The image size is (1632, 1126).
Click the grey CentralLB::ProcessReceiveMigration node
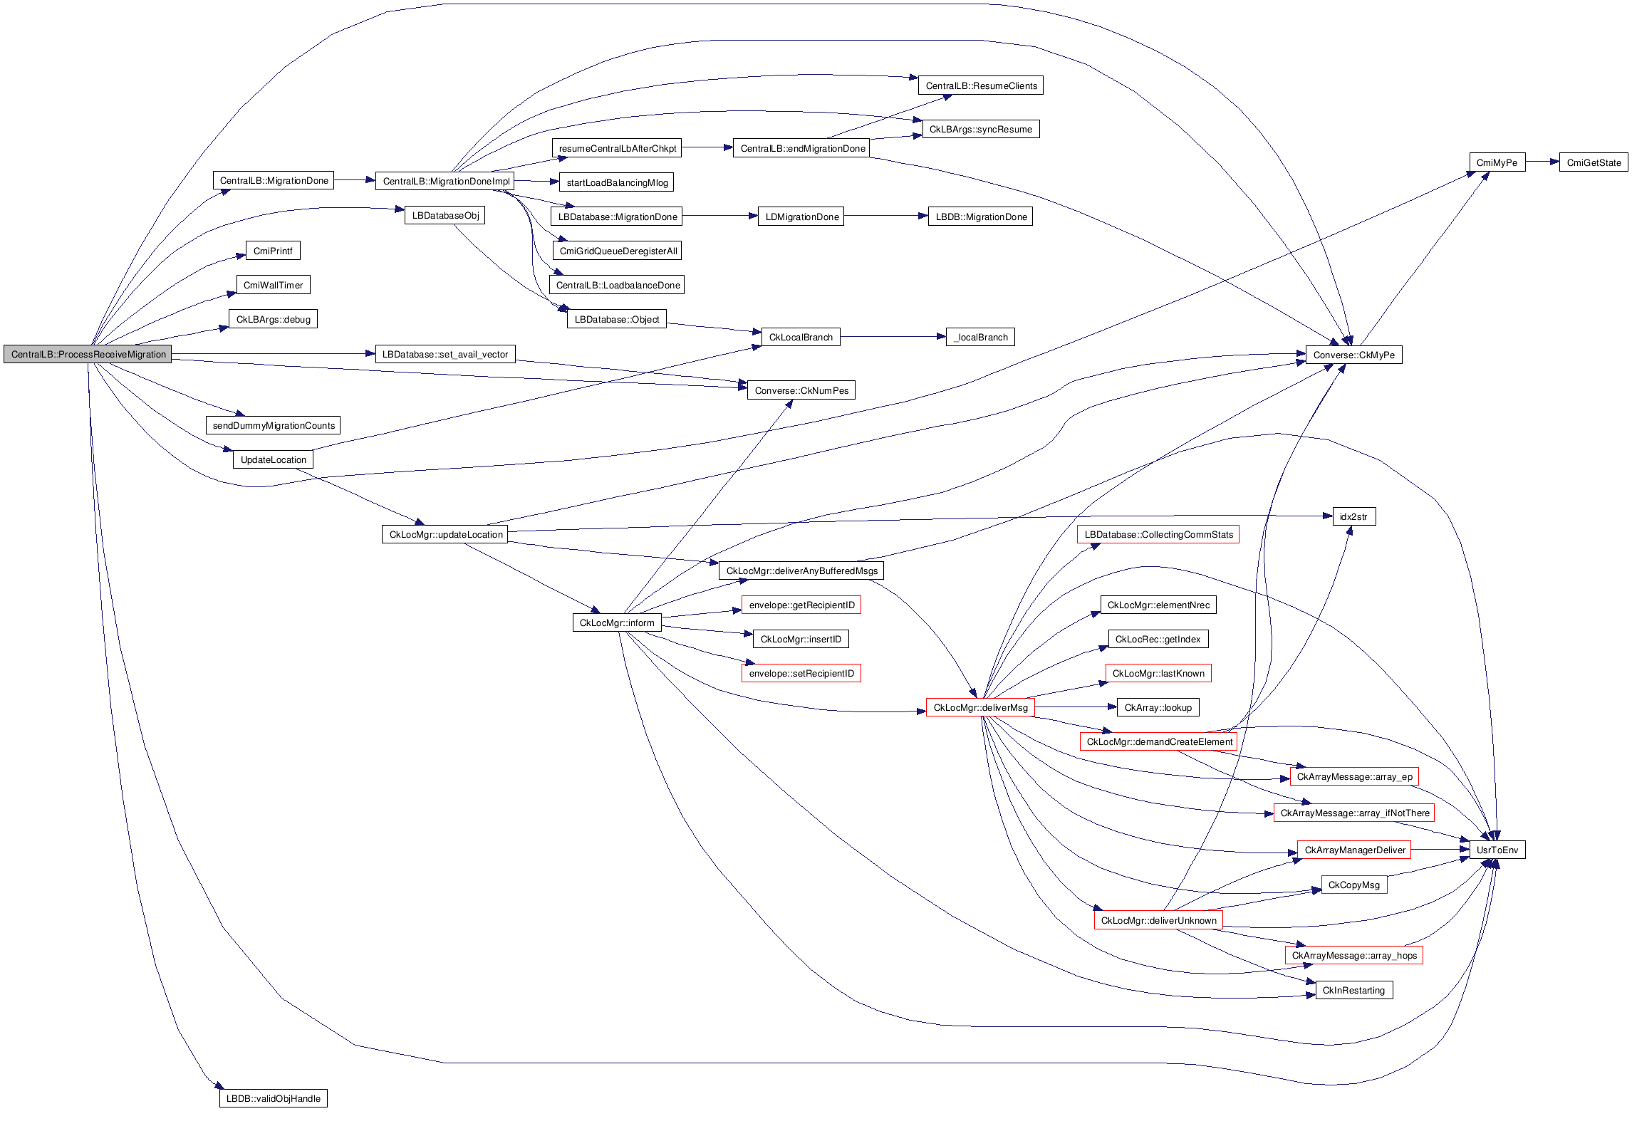pos(88,354)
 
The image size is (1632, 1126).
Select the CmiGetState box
pos(1593,162)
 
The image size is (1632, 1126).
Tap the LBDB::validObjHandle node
pos(273,1098)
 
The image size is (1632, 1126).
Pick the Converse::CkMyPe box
pos(1353,355)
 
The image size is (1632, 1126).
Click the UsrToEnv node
pos(1497,850)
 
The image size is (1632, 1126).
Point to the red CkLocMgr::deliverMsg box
pos(980,707)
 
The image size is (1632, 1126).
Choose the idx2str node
pos(1353,516)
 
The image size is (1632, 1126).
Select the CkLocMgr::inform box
pos(616,622)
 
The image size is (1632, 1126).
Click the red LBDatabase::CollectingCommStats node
pos(1158,534)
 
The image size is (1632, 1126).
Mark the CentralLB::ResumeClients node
pos(981,85)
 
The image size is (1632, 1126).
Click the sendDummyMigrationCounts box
pos(274,425)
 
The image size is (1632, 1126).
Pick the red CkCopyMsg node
pos(1353,885)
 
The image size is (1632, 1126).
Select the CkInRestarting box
pos(1353,990)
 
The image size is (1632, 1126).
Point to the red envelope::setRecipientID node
pos(801,673)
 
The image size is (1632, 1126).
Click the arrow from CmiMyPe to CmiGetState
pos(1542,162)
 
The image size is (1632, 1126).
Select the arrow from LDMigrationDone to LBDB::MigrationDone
pos(885,216)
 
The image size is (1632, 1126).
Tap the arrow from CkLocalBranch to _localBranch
pos(893,337)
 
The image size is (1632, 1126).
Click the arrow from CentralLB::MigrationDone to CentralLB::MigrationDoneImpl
pos(354,180)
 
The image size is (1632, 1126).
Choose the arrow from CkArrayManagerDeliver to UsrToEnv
pos(1440,850)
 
